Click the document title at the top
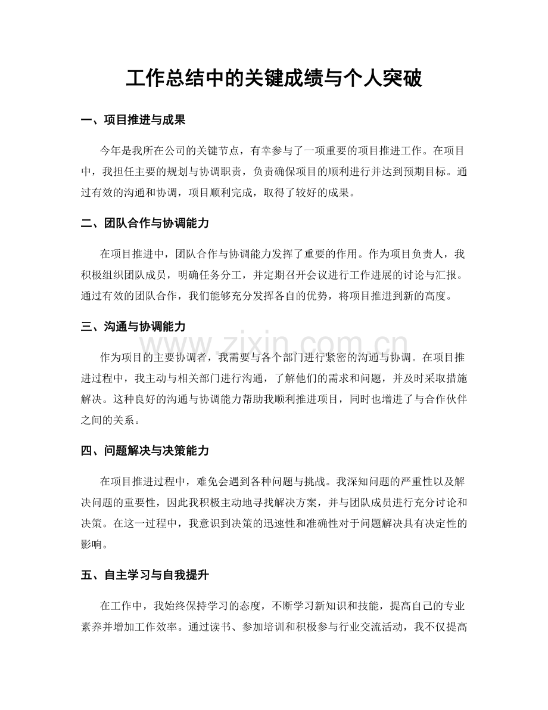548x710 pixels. pyautogui.click(x=274, y=77)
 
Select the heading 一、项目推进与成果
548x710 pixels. pyautogui.click(x=133, y=120)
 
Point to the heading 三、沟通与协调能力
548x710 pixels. pyautogui.click(x=133, y=326)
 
